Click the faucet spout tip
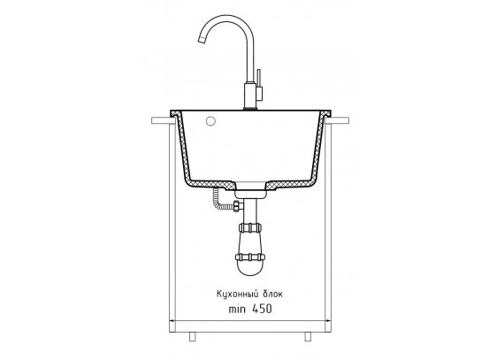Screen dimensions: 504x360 click(201, 40)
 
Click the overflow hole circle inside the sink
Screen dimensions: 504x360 click(210, 121)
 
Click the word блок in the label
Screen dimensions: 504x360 click(272, 295)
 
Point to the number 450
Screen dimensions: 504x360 click(262, 309)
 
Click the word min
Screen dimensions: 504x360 click(237, 310)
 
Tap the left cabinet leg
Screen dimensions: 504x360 click(192, 336)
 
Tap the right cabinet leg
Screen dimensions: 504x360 click(308, 336)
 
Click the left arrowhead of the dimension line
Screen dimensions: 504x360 click(172, 321)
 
